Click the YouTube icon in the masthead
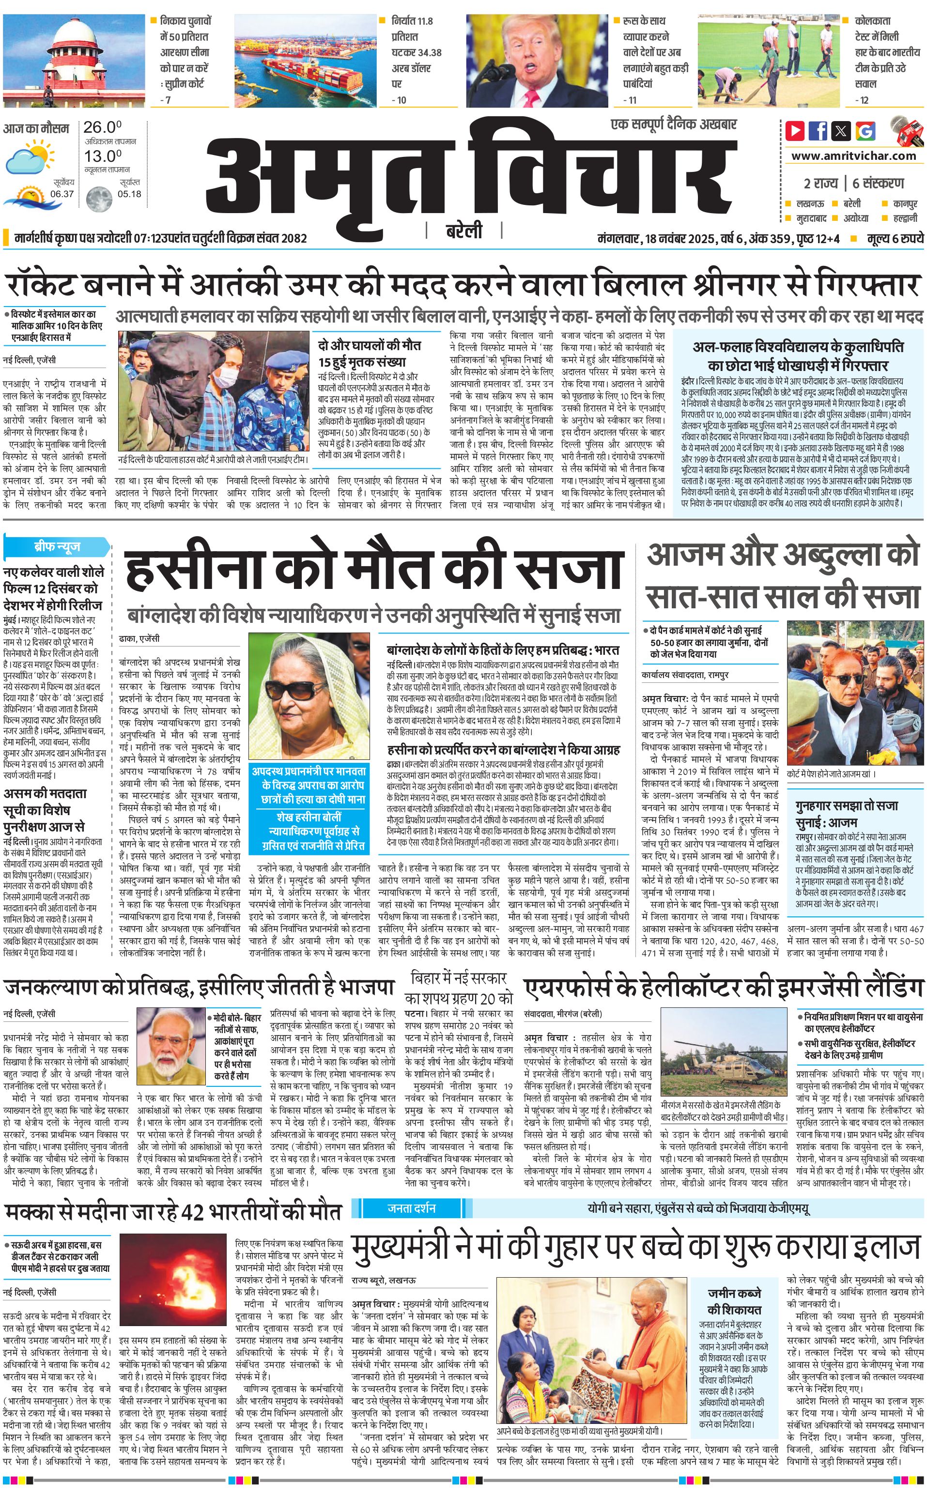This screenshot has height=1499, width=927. click(x=795, y=131)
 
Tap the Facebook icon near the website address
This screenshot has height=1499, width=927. click(x=817, y=131)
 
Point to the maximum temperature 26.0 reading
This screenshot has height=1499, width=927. click(x=102, y=127)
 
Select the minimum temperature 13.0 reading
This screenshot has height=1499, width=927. click(x=102, y=156)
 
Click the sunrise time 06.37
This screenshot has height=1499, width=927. click(x=62, y=194)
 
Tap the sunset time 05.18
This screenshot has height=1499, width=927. click(x=129, y=194)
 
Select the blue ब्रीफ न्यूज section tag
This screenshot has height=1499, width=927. click(x=56, y=546)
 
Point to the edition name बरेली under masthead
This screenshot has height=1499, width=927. click(x=463, y=231)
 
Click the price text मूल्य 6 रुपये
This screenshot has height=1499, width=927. click(x=895, y=238)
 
